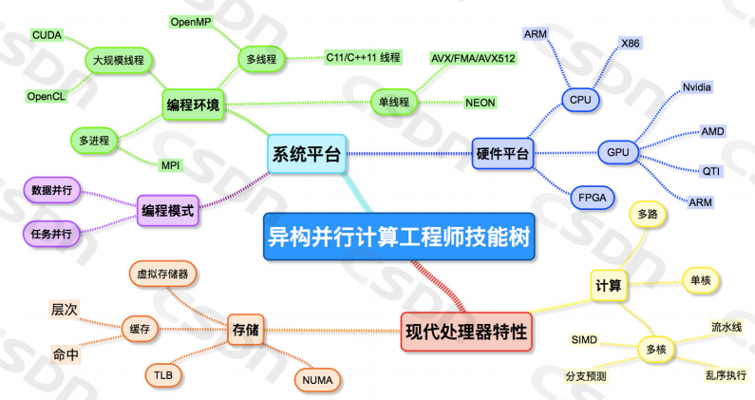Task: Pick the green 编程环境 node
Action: pyautogui.click(x=192, y=105)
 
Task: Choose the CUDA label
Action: pyautogui.click(x=47, y=35)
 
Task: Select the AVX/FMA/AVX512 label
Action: pyautogui.click(x=473, y=59)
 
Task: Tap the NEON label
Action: pyautogui.click(x=480, y=102)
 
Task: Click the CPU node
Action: pyautogui.click(x=579, y=98)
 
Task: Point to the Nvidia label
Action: pyautogui.click(x=697, y=87)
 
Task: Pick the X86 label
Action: pyautogui.click(x=630, y=44)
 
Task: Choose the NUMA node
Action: pyautogui.click(x=317, y=380)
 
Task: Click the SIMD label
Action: pyautogui.click(x=583, y=339)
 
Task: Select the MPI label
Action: pyautogui.click(x=171, y=165)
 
